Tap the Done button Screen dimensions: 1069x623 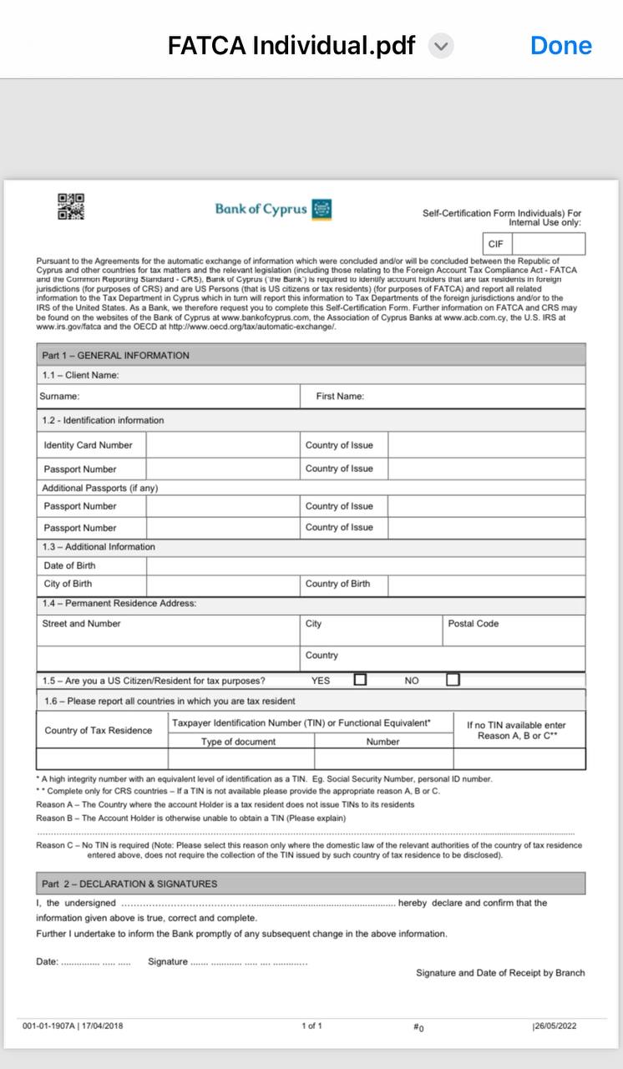560,46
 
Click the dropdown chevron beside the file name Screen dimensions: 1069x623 441,46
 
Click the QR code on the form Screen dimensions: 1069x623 71,206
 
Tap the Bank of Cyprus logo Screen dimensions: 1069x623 273,209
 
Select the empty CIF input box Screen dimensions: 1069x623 548,244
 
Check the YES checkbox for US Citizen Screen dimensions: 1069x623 360,680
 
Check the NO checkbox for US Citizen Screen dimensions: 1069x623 453,680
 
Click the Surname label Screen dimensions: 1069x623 59,396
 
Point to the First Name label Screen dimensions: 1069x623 340,396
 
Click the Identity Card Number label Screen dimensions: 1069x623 88,445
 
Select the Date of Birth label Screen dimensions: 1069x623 69,565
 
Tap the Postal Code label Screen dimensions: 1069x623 473,624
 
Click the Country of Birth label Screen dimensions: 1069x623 337,584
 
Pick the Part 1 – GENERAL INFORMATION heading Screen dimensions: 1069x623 116,355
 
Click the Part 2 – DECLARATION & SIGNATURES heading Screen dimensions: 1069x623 129,884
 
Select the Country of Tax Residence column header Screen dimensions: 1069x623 99,731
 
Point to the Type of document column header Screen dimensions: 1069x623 238,742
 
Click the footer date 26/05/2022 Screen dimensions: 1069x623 555,1026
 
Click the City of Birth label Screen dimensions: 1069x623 68,584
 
